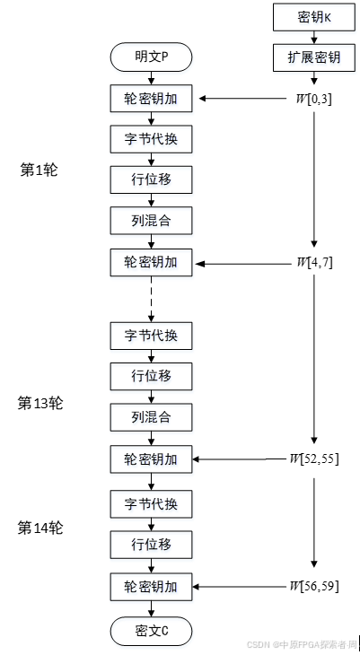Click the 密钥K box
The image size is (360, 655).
(x=313, y=17)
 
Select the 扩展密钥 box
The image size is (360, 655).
(x=313, y=57)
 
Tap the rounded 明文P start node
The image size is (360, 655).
(x=151, y=57)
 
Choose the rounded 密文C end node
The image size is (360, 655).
(x=151, y=631)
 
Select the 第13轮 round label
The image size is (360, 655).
(x=40, y=403)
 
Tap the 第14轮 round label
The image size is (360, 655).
(x=40, y=528)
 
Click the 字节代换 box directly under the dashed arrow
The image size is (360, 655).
(x=151, y=336)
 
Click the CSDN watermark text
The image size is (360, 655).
(x=301, y=644)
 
